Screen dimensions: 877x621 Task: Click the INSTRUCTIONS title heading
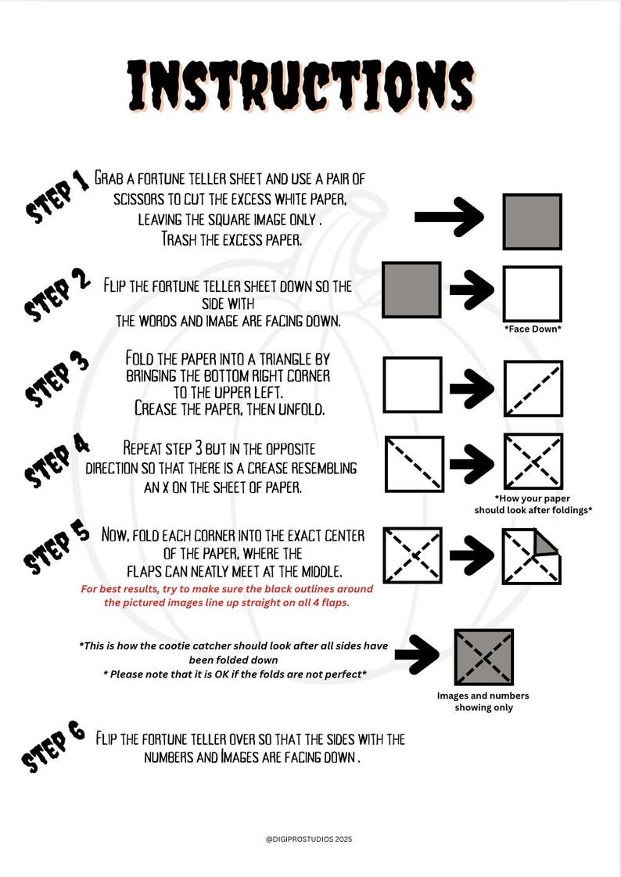point(300,86)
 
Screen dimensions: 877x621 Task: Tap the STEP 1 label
point(59,197)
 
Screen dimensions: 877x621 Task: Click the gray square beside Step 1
point(532,221)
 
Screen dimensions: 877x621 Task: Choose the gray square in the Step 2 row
point(411,289)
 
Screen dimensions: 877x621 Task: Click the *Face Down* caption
point(533,329)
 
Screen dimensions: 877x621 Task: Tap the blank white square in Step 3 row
point(412,385)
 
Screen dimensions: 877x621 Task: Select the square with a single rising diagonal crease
point(533,389)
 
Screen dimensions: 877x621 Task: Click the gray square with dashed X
point(483,656)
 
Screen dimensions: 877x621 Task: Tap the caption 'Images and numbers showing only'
point(483,702)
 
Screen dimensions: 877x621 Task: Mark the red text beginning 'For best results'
point(227,595)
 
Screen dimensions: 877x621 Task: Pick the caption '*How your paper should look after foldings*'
point(533,504)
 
